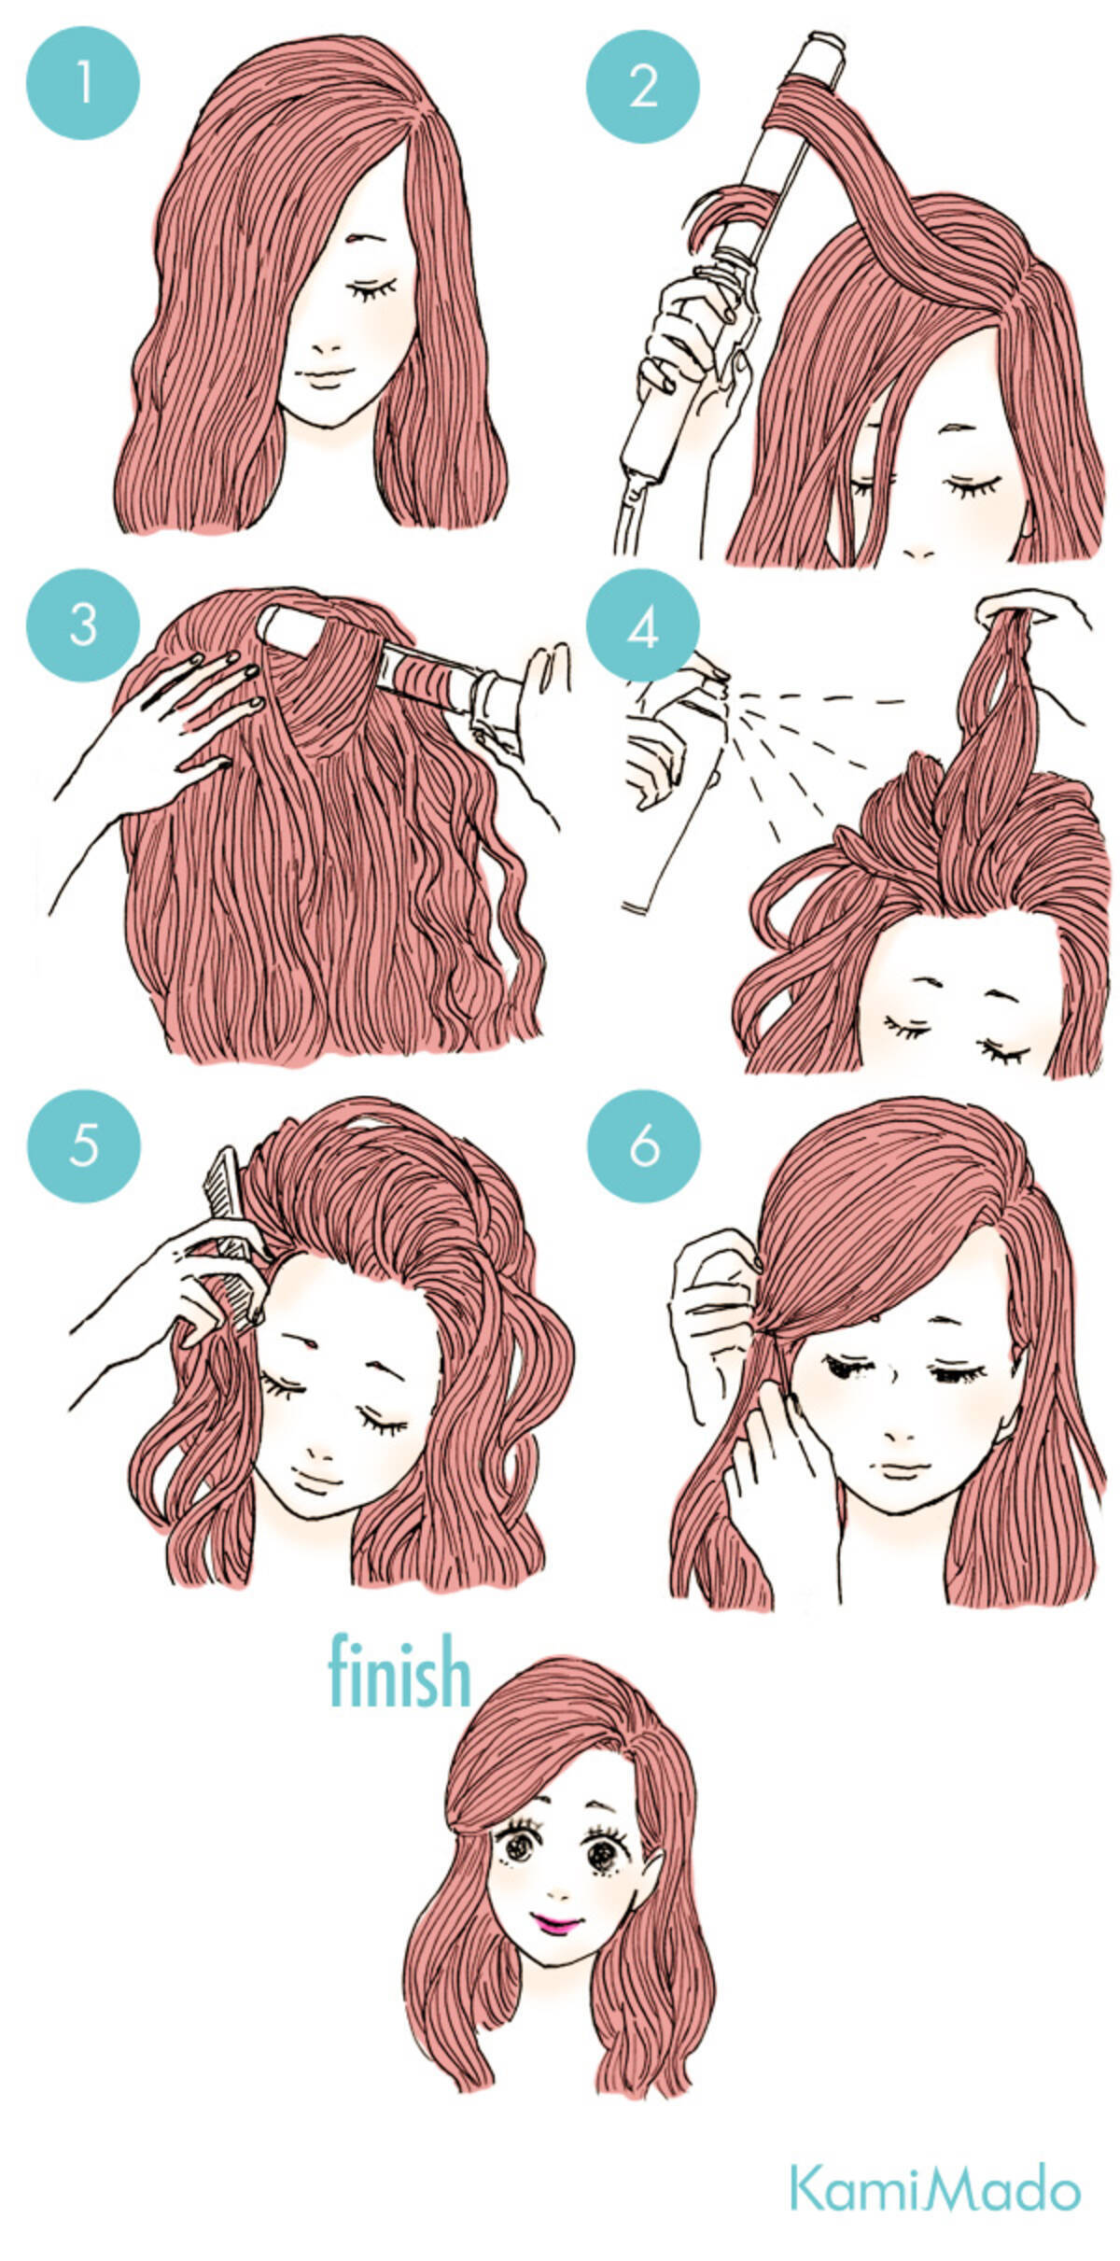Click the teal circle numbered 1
[83, 83]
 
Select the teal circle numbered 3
[83, 625]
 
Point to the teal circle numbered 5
[83, 1145]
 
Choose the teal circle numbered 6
[643, 1146]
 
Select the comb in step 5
[230, 1204]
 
